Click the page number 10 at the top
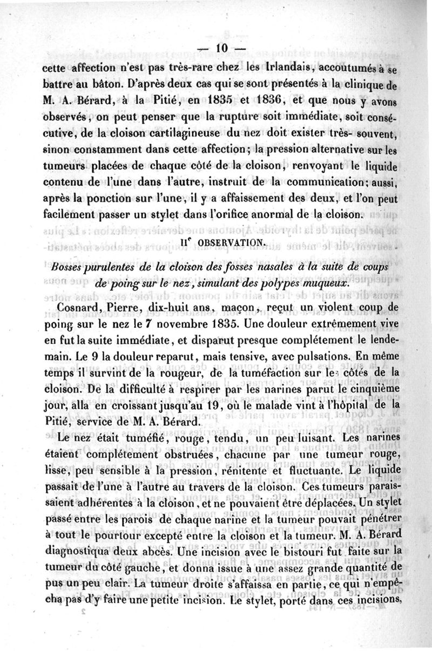[x=221, y=49]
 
